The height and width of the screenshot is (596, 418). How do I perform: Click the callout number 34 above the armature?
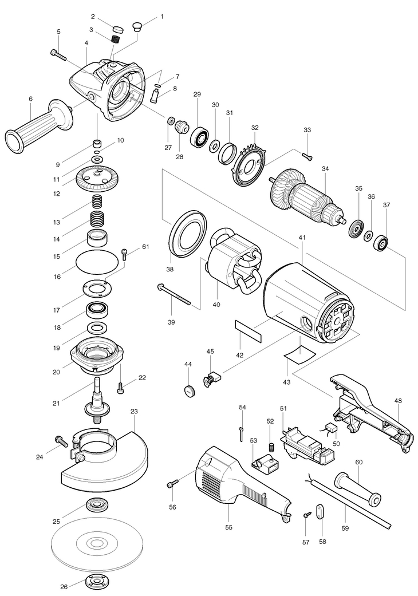tap(325, 169)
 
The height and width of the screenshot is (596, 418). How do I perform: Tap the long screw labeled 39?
tap(177, 293)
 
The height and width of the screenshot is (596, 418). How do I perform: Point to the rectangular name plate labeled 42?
tap(247, 331)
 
